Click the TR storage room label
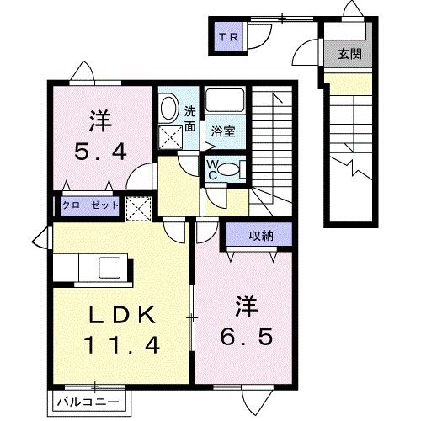click(228, 37)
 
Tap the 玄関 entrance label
click(349, 54)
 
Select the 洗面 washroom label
click(190, 119)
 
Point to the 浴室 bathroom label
click(223, 131)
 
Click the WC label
click(212, 169)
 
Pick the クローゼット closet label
click(90, 205)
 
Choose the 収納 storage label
click(261, 236)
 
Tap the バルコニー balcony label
click(88, 402)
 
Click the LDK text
click(122, 315)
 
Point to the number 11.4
click(122, 345)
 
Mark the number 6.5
click(246, 337)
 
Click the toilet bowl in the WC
click(228, 169)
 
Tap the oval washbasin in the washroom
click(169, 109)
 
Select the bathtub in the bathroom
click(225, 101)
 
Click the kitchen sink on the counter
click(109, 268)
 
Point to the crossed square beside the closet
click(139, 209)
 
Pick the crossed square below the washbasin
click(171, 137)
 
